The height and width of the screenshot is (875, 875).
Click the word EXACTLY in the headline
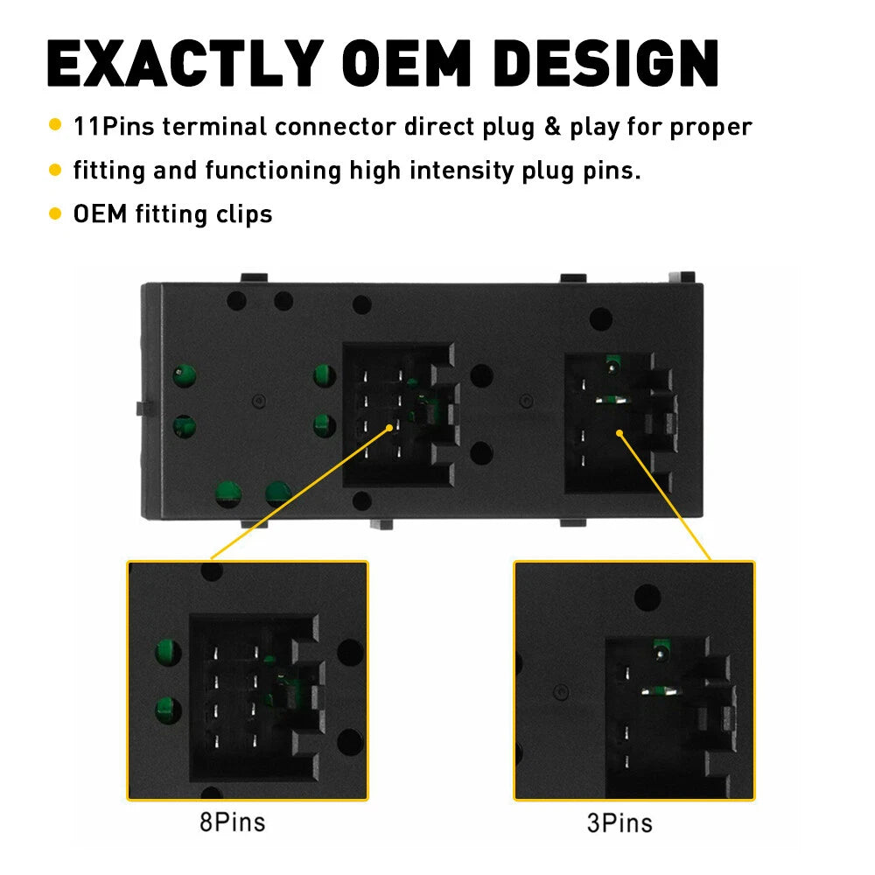coord(185,63)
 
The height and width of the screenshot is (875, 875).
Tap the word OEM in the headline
coord(408,63)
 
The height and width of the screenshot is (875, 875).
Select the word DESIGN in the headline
coord(606,63)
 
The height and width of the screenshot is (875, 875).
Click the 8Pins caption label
coord(233,822)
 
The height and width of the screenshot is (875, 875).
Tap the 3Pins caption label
coord(619,823)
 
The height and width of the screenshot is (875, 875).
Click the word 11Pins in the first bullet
coord(114,127)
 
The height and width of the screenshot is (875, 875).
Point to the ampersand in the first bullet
coord(552,127)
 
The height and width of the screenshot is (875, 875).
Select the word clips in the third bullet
coord(244,215)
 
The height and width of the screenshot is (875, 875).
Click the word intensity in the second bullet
coord(461,171)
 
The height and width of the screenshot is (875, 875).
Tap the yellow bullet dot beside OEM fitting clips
coord(54,213)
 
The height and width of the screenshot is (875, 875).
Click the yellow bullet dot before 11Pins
coord(54,124)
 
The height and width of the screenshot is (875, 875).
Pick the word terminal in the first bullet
coord(215,127)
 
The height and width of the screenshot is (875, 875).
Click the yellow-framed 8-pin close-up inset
coord(248,680)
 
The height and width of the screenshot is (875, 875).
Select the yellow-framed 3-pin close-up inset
coord(633,680)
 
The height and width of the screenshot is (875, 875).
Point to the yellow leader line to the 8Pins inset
coord(300,493)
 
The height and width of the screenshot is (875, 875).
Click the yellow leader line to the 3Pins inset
coord(665,496)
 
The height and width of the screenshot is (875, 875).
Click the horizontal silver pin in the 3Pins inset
coord(661,691)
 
